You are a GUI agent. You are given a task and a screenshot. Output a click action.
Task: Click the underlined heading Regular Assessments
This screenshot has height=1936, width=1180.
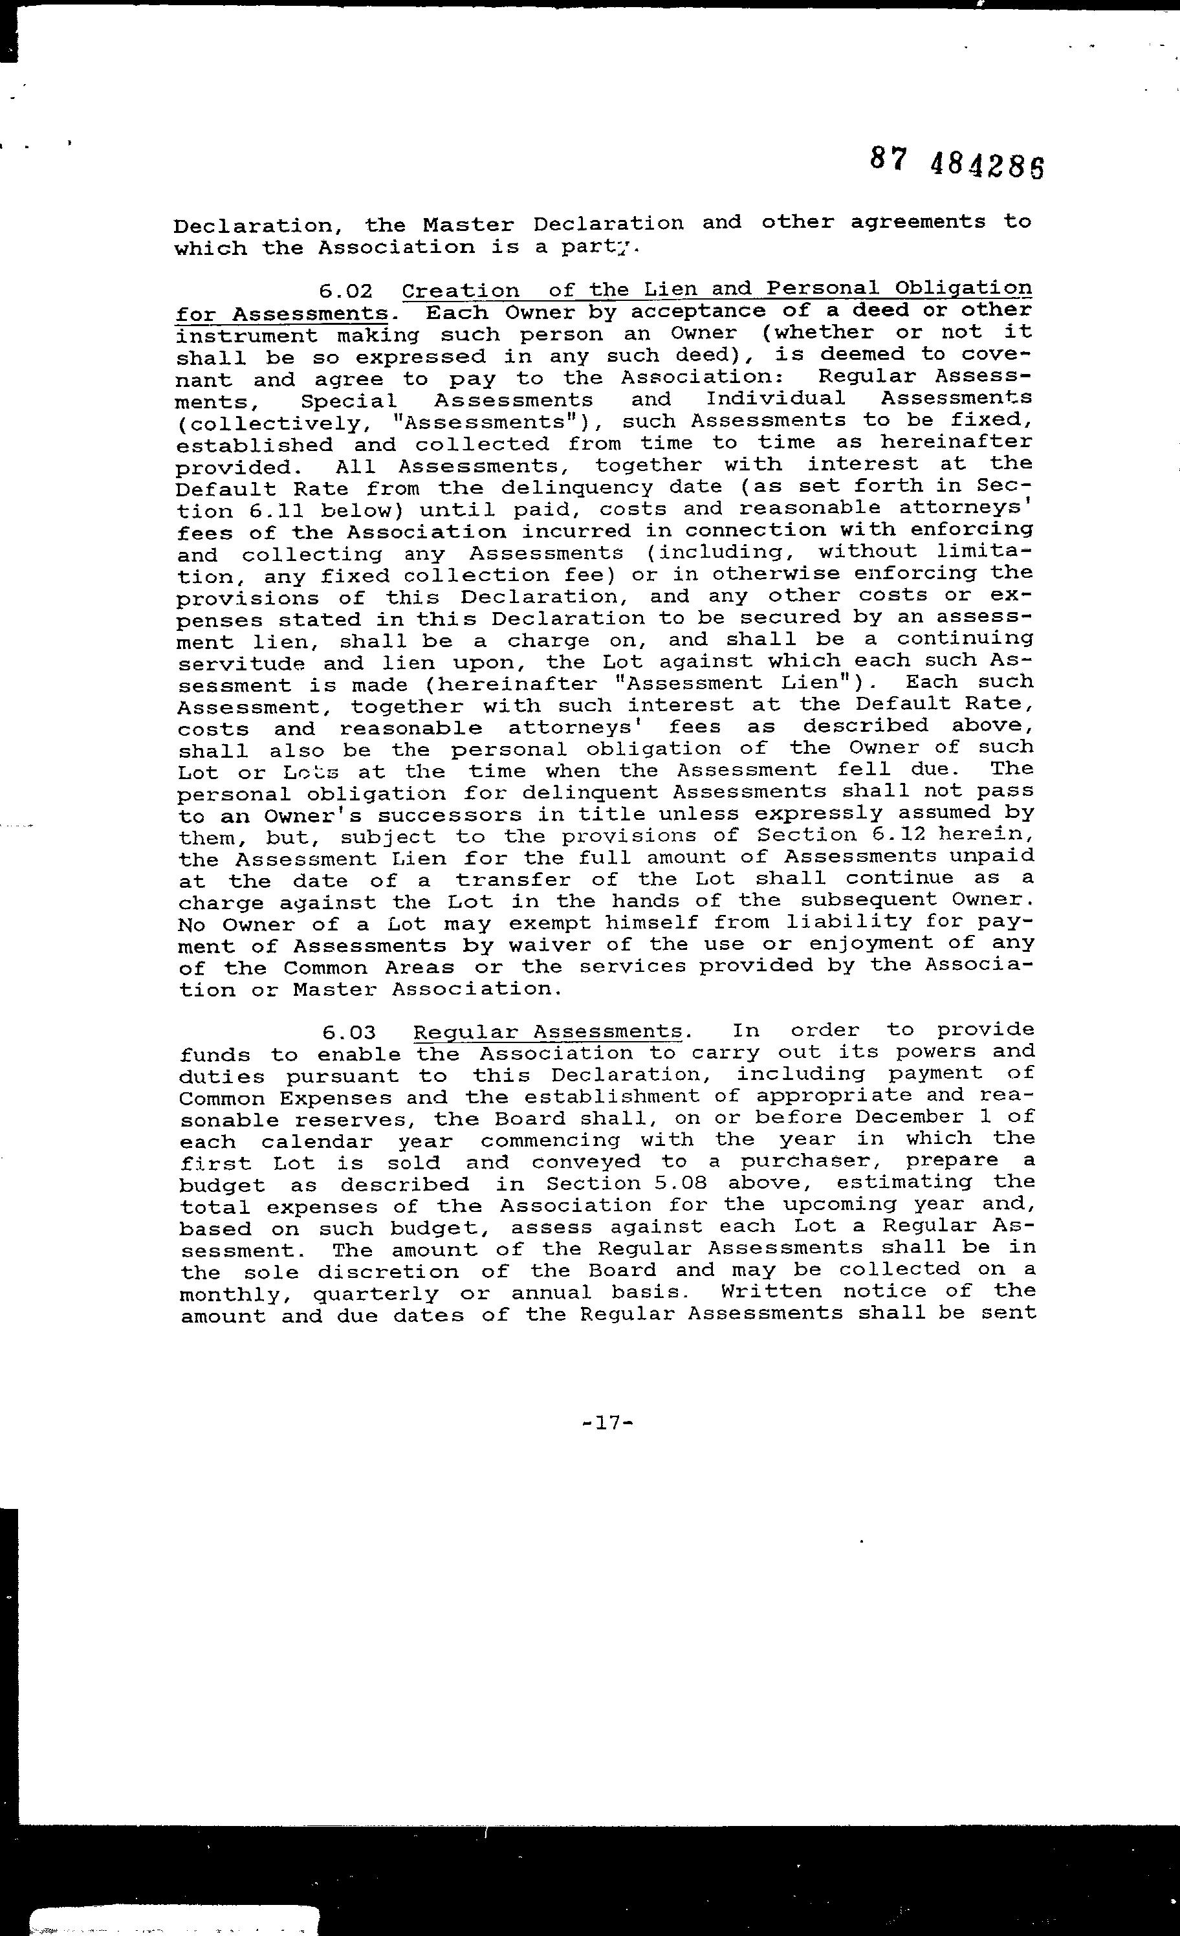547,1031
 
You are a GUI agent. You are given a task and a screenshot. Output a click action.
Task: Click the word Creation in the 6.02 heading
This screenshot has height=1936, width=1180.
461,291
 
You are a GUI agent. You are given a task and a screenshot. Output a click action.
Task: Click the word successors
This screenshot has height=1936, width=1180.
425,814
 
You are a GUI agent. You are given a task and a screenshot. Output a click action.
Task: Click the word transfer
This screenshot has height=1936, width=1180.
518,879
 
